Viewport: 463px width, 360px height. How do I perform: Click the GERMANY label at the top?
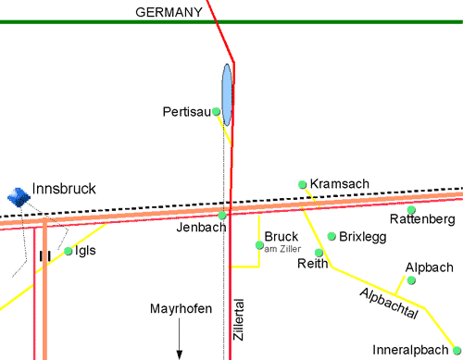[x=169, y=12]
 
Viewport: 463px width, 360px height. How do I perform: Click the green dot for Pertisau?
[x=217, y=112]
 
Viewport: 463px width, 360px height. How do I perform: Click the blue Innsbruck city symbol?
[x=17, y=194]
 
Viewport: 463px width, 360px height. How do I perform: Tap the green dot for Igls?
[x=69, y=251]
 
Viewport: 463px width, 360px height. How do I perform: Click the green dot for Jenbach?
[x=222, y=216]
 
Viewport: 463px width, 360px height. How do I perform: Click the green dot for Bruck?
[x=259, y=245]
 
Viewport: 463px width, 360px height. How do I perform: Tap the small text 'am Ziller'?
[x=282, y=249]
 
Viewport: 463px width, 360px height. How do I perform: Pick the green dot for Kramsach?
[x=302, y=185]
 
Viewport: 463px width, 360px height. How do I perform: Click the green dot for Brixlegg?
[x=332, y=236]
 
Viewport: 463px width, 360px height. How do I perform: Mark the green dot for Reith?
[x=319, y=252]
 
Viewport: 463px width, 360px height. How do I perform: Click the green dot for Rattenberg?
[x=412, y=209]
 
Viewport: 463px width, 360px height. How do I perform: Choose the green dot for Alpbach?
[x=411, y=279]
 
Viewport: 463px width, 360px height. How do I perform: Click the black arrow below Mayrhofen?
[x=181, y=342]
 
